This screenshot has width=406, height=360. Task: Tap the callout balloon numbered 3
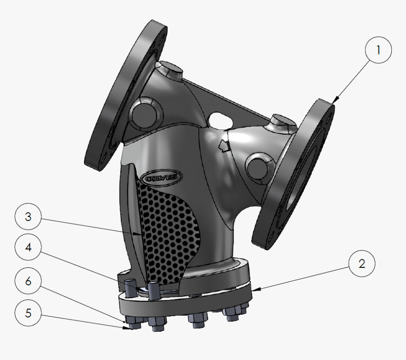[28, 217]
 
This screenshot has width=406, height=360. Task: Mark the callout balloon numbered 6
[28, 281]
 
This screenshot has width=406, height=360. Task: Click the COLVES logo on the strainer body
[162, 176]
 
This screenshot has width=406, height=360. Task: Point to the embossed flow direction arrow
[224, 146]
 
